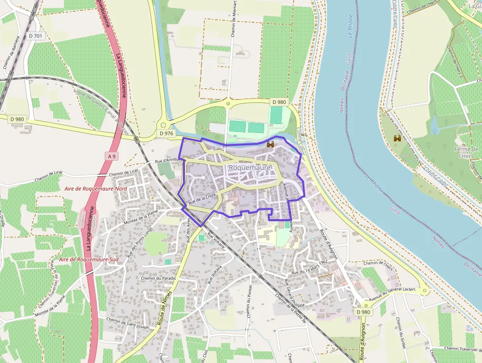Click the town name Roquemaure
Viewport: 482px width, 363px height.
point(250,167)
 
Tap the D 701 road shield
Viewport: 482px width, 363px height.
point(36,36)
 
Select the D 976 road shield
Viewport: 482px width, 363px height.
point(166,133)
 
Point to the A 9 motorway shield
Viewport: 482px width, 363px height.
point(112,156)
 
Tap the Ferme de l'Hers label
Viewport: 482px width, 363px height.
point(466,153)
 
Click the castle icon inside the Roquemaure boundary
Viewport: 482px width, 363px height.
point(270,144)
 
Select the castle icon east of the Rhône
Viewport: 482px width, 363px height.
point(397,139)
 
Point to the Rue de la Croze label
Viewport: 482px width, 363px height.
point(203,198)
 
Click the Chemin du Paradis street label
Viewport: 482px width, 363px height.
point(158,278)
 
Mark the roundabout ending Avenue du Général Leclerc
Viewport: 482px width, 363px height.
point(424,292)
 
